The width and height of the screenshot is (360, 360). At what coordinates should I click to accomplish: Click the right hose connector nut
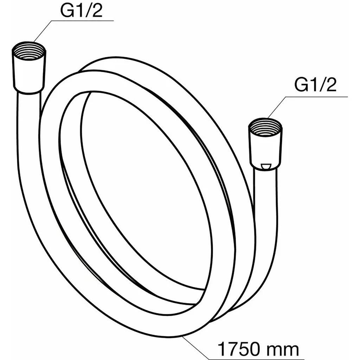coord(265,146)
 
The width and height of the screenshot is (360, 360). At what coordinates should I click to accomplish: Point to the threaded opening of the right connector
coord(265,125)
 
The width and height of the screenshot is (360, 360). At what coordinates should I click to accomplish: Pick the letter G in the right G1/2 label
coord(301,85)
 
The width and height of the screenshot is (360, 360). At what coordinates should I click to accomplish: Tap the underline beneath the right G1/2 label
coord(316,96)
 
